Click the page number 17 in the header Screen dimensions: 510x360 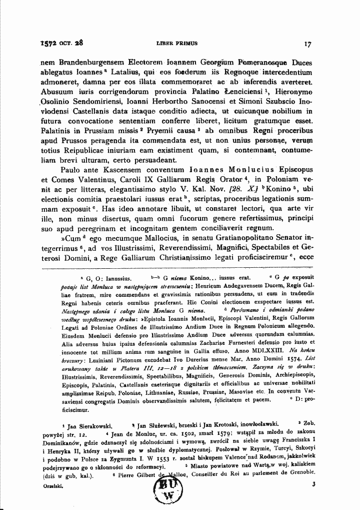click(308, 44)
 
